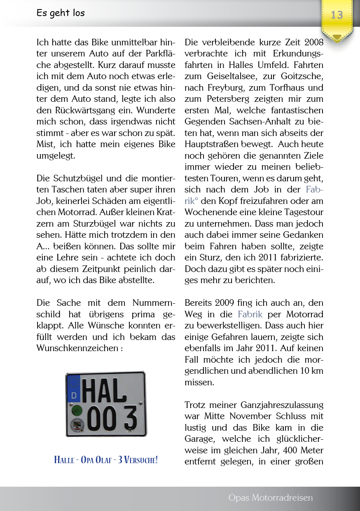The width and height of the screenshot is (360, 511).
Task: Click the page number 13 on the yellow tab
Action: tap(337, 15)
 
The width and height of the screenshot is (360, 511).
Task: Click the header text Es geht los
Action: tap(61, 13)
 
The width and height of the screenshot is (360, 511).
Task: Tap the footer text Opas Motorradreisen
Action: tap(270, 498)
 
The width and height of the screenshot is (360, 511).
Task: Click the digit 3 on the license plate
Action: tap(130, 418)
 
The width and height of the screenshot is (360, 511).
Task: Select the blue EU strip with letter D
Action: tap(74, 389)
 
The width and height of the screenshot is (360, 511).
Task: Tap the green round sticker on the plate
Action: tap(76, 410)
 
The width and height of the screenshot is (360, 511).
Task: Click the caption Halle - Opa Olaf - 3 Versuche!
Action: tap(105, 460)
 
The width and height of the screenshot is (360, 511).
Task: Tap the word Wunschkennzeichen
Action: tap(77, 348)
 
